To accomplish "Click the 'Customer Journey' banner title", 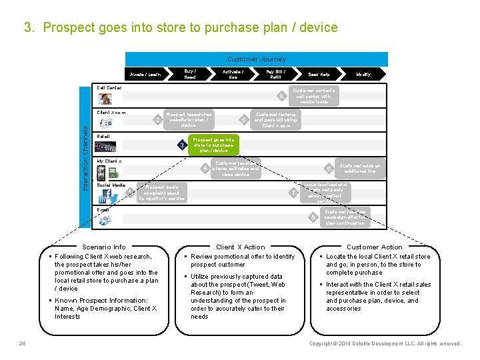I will click(x=256, y=59).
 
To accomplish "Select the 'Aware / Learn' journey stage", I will click(x=145, y=75).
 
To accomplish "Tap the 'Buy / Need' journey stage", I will click(x=189, y=75).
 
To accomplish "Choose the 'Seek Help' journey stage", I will click(x=318, y=75).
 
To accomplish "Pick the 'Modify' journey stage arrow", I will click(x=363, y=75).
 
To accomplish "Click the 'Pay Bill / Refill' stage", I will click(x=275, y=75).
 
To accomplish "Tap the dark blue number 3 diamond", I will click(x=182, y=145).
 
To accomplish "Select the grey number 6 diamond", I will click(x=282, y=97).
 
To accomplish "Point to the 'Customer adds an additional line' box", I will click(x=360, y=169).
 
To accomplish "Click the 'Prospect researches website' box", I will click(x=189, y=120).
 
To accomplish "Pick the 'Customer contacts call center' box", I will click(x=313, y=96).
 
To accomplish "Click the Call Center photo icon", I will click(x=105, y=99).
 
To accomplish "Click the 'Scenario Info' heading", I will click(x=103, y=247).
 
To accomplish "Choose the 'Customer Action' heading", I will click(x=375, y=247).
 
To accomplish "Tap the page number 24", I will click(x=22, y=343).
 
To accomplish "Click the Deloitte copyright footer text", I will click(x=385, y=343).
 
